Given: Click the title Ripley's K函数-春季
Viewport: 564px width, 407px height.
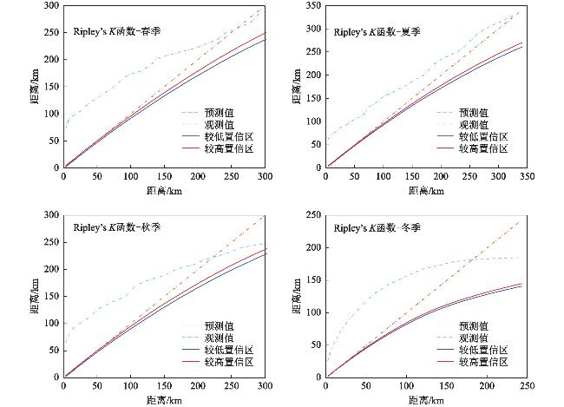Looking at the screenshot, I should coord(117,30).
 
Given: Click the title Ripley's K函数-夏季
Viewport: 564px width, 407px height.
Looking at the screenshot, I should coord(379,30).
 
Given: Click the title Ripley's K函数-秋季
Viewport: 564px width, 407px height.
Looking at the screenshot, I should coord(117,227).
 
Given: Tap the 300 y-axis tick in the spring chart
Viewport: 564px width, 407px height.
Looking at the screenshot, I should coord(51,6).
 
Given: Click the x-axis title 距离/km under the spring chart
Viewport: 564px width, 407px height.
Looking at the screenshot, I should coord(164,190).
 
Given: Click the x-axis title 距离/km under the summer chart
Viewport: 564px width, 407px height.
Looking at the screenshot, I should coord(425,190).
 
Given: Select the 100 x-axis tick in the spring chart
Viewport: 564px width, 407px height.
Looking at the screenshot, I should coord(131,176).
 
